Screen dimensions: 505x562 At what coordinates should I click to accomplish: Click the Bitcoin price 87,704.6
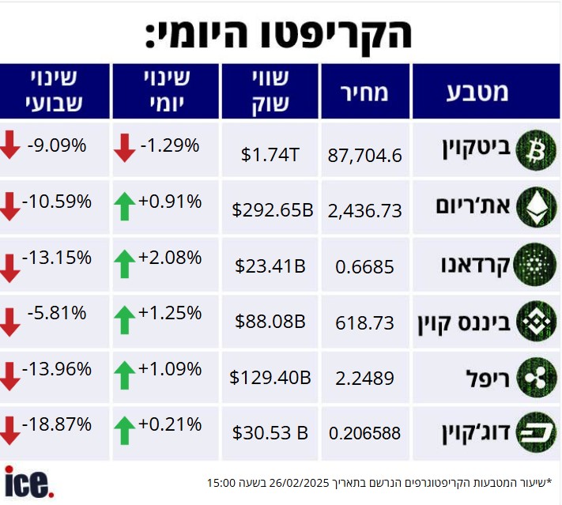[x=364, y=155]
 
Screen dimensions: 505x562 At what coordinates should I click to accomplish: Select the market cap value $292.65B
[x=273, y=210]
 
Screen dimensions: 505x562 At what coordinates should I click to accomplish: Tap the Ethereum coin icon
[x=536, y=207]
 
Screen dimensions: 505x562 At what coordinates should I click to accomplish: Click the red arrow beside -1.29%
[x=124, y=147]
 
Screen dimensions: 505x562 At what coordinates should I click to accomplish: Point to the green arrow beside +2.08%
[x=124, y=263]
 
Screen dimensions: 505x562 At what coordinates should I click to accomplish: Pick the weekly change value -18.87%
[x=57, y=424]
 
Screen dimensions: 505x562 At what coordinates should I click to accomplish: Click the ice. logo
[x=28, y=481]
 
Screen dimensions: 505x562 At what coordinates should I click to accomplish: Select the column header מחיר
[x=364, y=92]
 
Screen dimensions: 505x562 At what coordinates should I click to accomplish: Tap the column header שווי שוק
[x=270, y=92]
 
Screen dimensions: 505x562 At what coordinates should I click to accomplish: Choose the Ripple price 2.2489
[x=364, y=379]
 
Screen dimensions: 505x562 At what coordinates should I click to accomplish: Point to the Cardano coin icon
[x=536, y=265]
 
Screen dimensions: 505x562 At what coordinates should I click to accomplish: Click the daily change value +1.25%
[x=171, y=312]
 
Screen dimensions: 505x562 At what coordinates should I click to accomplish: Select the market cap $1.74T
[x=270, y=155]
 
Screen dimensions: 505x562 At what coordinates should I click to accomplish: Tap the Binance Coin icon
[x=536, y=322]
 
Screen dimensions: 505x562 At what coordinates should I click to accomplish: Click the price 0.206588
[x=364, y=433]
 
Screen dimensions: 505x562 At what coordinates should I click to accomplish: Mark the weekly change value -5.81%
[x=57, y=312]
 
